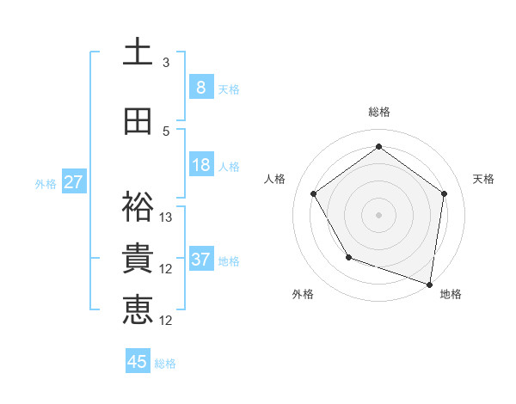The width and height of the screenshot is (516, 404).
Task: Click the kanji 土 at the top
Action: pyautogui.click(x=138, y=52)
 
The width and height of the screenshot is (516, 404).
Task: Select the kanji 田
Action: pyautogui.click(x=138, y=121)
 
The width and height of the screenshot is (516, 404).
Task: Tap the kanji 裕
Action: pyautogui.click(x=138, y=206)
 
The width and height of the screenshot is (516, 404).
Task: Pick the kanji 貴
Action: pyautogui.click(x=138, y=259)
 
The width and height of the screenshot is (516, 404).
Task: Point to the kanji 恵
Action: pyautogui.click(x=138, y=310)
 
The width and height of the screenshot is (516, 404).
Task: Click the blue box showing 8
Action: pyautogui.click(x=200, y=87)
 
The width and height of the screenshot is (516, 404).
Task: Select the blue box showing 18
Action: pyautogui.click(x=200, y=165)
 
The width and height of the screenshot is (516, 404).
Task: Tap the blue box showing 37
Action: pyautogui.click(x=200, y=260)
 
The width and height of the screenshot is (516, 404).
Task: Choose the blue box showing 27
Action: pyautogui.click(x=73, y=182)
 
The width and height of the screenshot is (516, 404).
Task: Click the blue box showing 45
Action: pyautogui.click(x=138, y=362)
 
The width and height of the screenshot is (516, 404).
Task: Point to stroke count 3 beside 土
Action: pyautogui.click(x=166, y=63)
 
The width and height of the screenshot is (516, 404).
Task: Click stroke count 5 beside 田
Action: pyautogui.click(x=166, y=132)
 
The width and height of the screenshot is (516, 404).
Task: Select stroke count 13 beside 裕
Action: pyautogui.click(x=166, y=217)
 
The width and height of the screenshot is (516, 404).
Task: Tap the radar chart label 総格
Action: pyautogui.click(x=379, y=112)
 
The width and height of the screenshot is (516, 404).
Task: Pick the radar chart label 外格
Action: pyautogui.click(x=303, y=294)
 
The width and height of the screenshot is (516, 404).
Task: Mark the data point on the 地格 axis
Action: pyautogui.click(x=429, y=284)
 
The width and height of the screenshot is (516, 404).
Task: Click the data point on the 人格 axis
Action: pyautogui.click(x=313, y=193)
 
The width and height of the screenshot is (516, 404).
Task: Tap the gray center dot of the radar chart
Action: pyautogui.click(x=379, y=214)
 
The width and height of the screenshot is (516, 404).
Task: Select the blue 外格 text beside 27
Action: pyautogui.click(x=46, y=183)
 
